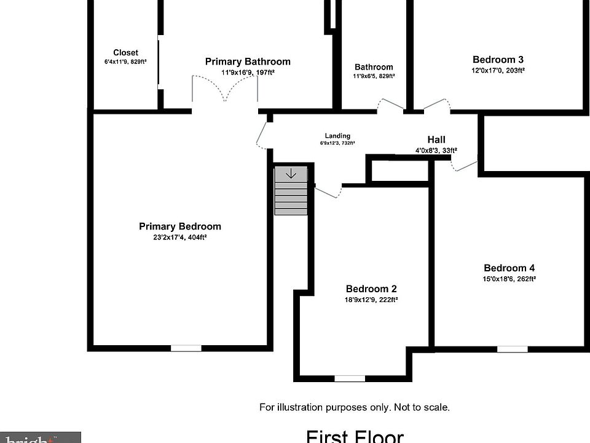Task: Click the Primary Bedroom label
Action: (179, 226)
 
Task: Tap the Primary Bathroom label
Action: (248, 62)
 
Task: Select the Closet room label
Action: (125, 53)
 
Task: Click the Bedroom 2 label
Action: (371, 289)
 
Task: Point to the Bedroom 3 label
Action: (498, 60)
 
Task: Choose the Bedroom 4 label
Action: (509, 268)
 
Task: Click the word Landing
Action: (337, 136)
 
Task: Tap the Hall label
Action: (436, 140)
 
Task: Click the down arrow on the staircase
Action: (291, 174)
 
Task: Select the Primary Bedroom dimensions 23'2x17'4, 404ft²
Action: (179, 237)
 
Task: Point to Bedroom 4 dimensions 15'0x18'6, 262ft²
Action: (509, 279)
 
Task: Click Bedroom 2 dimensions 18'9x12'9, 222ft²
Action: (371, 300)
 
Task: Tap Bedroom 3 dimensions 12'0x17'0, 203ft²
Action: (498, 71)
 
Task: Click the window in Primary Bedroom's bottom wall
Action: (186, 348)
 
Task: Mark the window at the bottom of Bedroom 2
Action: (350, 378)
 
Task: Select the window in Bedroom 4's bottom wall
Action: (512, 349)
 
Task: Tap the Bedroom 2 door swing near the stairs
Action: (329, 191)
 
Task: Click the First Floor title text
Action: (355, 436)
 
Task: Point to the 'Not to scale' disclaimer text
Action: (355, 407)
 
